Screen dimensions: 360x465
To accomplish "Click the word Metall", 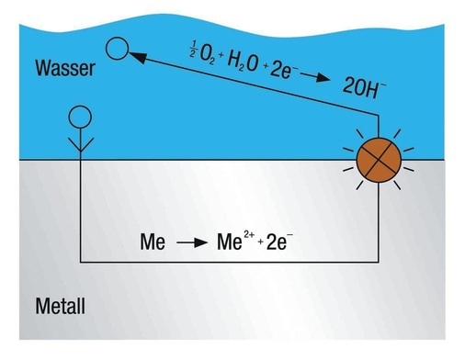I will [60, 305].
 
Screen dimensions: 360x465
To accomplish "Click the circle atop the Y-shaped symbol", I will [81, 117].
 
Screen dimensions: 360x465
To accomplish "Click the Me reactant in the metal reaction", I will [153, 243].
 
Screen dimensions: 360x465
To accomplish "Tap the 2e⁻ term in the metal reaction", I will [277, 243].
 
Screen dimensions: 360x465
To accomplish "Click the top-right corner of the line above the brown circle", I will [378, 116].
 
